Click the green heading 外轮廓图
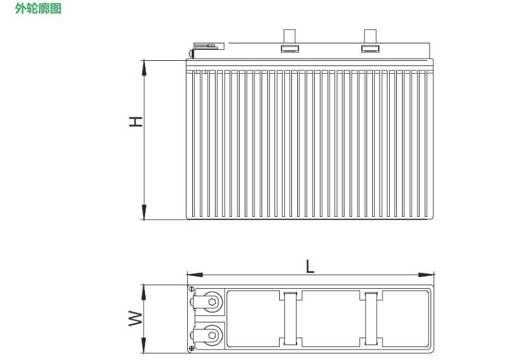pos(38,8)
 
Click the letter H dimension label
pos(135,121)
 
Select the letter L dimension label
pos(310,267)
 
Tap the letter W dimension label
pos(135,318)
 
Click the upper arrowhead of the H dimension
pos(144,68)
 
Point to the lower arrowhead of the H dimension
pos(144,212)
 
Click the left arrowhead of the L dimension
pos(195,275)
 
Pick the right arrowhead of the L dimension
pos(426,275)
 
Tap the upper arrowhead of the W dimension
pos(144,293)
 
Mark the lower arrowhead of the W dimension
pos(144,345)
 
